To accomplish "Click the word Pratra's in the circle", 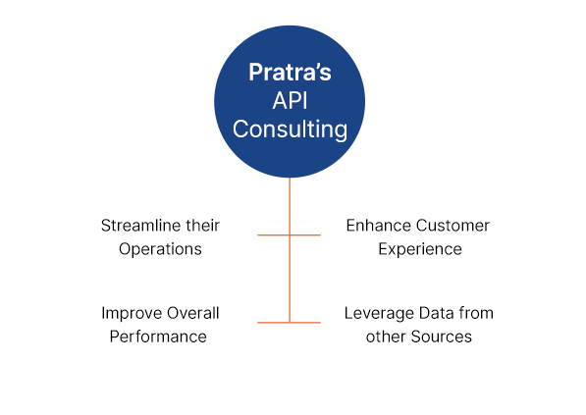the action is click(290, 72).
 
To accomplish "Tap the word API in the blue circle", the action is click(290, 101).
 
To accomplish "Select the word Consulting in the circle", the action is click(290, 130).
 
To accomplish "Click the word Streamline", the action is click(141, 226).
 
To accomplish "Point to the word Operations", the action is click(160, 249).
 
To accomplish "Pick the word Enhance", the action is click(379, 226).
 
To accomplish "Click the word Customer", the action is click(453, 226).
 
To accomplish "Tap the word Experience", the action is click(420, 249).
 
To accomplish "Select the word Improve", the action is click(132, 313).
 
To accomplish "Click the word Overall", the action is click(192, 313).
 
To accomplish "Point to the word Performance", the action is click(158, 337).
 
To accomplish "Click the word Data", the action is click(433, 313).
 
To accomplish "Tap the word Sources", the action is click(442, 337).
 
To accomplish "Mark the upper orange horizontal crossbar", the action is click(289, 234).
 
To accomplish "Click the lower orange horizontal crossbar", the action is click(289, 323).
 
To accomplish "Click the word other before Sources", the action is click(386, 337).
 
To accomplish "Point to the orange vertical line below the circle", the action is click(290, 250).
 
